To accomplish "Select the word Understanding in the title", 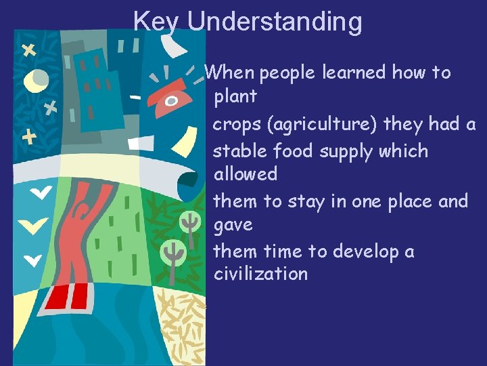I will click(x=275, y=22).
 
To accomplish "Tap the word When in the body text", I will click(x=229, y=73).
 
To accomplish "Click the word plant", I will click(x=235, y=97).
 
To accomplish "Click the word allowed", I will click(x=246, y=174).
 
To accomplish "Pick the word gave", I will click(x=233, y=225).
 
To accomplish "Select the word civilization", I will click(x=260, y=274).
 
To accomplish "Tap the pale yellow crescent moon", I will click(x=34, y=81).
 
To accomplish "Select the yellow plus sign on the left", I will click(x=29, y=138).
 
